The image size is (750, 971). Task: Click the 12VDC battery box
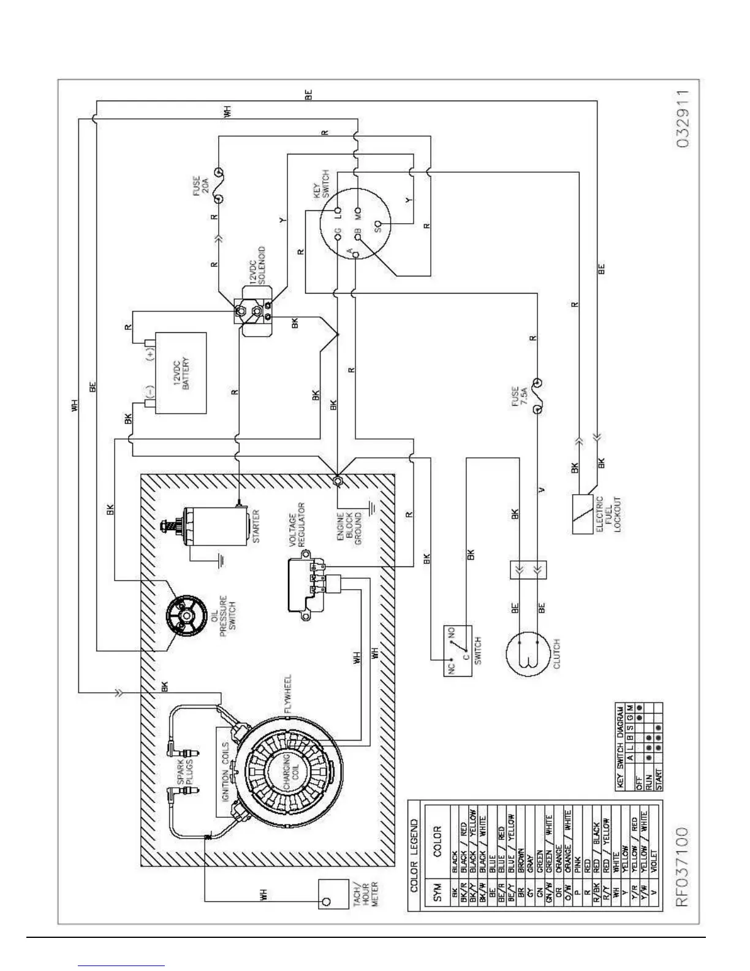[181, 373]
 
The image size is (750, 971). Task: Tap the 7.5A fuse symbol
[537, 397]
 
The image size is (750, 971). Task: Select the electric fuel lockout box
[586, 514]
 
